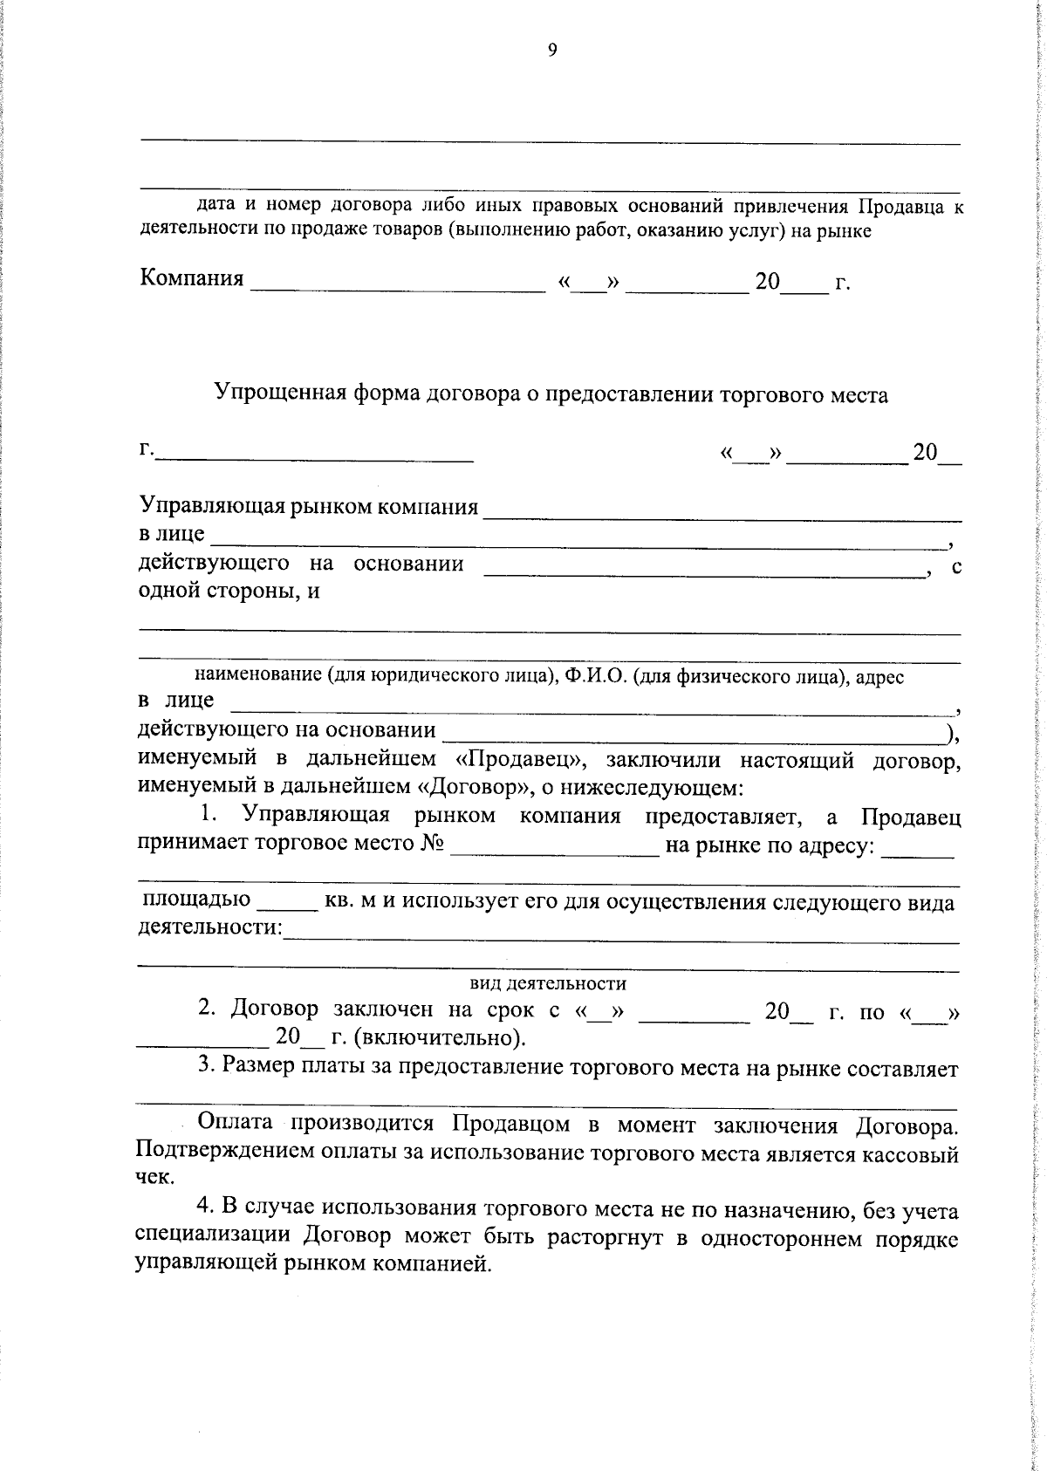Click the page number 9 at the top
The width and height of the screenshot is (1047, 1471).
551,51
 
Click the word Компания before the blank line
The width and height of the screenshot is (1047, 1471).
192,278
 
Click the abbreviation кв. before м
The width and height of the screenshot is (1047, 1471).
339,901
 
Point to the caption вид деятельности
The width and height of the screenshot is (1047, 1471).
548,983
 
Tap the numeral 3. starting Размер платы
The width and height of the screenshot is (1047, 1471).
206,1066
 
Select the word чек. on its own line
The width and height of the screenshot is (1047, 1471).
155,1178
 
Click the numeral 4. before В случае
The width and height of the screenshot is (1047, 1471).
206,1209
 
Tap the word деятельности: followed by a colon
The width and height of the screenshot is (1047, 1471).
210,927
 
